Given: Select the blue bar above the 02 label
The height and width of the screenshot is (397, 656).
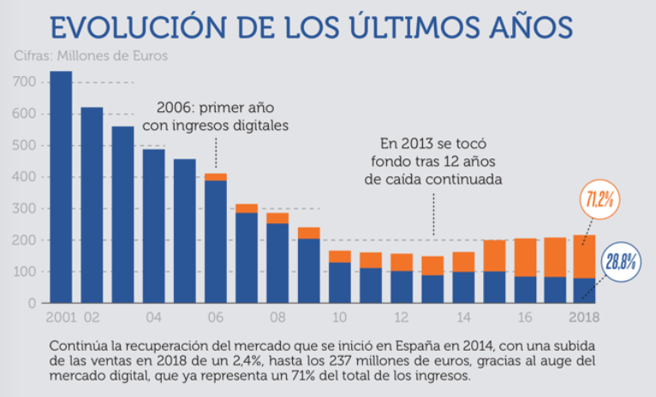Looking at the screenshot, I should tap(92, 204).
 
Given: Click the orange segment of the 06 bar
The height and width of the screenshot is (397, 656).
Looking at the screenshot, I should tap(215, 177).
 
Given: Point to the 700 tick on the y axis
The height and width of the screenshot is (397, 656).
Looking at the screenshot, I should tap(27, 82).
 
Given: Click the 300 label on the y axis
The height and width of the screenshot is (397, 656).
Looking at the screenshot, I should tap(27, 209).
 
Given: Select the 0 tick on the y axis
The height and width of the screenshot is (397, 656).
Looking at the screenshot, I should tap(33, 303).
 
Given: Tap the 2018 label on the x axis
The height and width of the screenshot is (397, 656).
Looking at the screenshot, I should tap(585, 317).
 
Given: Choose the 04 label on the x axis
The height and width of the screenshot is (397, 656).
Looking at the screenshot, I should tap(153, 317).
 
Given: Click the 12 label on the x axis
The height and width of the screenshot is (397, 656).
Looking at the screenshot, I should tap(401, 317).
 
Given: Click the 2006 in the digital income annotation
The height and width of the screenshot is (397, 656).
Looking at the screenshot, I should tap(174, 110).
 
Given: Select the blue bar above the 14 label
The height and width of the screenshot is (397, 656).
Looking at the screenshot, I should tap(462, 287).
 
